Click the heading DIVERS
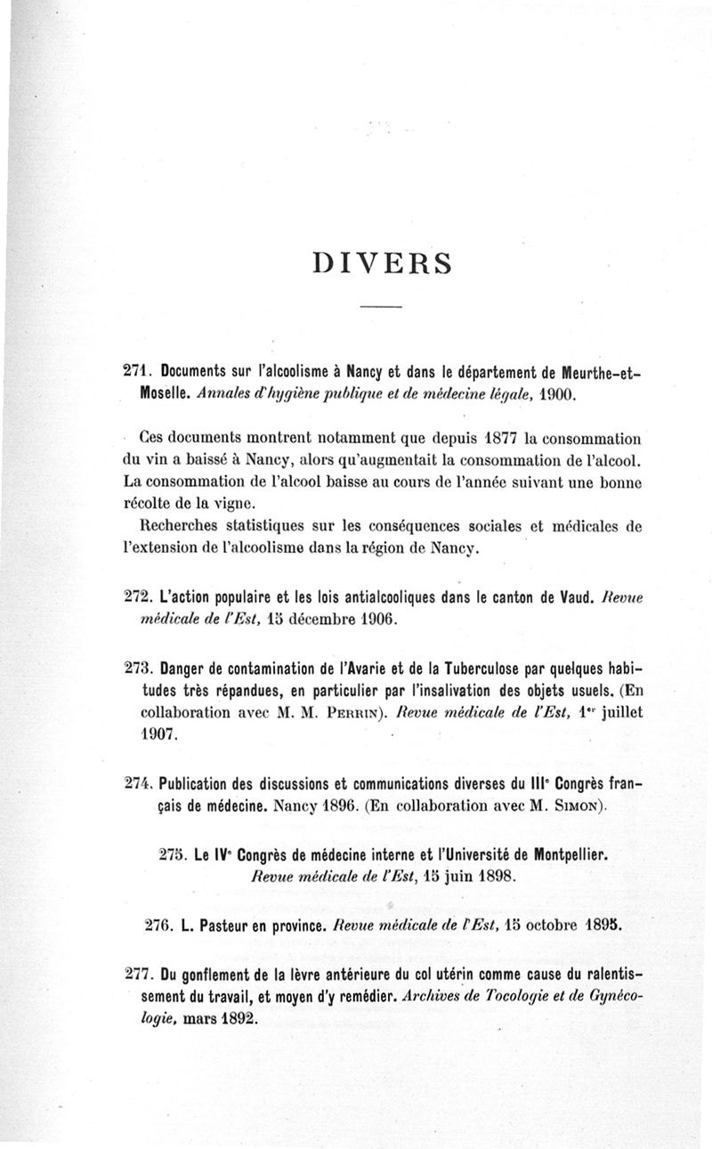pos(382,263)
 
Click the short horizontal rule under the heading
pos(382,307)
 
